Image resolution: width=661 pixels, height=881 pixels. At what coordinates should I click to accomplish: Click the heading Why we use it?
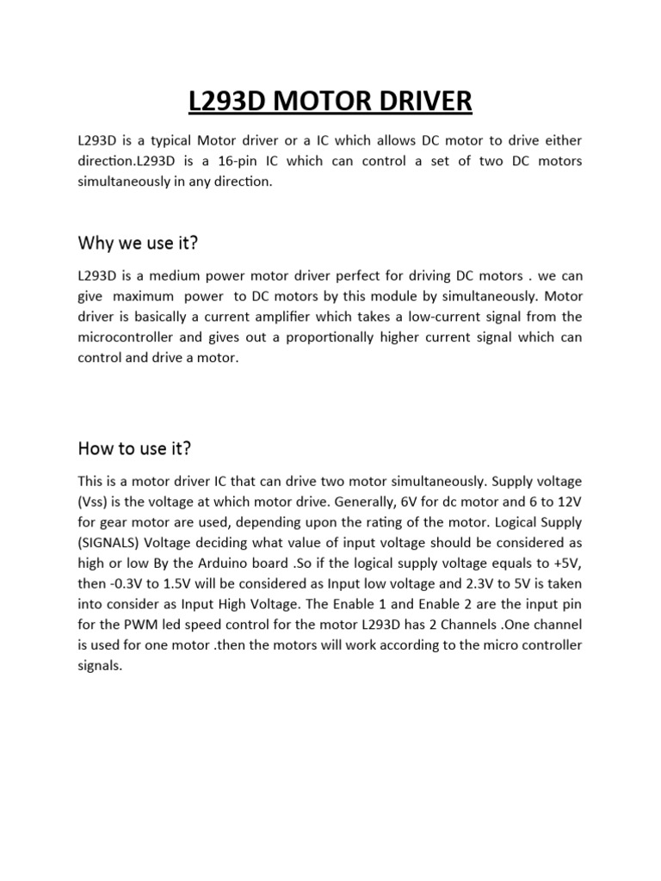139,243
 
